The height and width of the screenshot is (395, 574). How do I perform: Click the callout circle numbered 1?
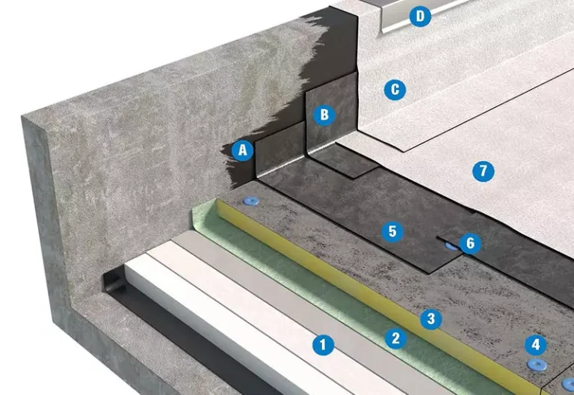tap(323, 345)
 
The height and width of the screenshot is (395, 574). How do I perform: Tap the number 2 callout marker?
tap(395, 338)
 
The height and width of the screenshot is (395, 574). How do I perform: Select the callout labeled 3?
tap(430, 319)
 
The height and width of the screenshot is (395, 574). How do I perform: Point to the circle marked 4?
tap(536, 344)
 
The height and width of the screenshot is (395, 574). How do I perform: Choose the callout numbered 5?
tap(392, 231)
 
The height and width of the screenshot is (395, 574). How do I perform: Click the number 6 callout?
tap(470, 243)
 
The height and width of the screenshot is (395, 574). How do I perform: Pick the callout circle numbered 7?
tap(484, 171)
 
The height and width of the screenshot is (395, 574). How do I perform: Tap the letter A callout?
tap(243, 150)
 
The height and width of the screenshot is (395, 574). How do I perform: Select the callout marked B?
tap(324, 114)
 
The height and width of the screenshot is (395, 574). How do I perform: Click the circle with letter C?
tap(395, 90)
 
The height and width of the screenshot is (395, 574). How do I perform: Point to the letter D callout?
tap(420, 16)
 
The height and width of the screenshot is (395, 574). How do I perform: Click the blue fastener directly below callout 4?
tap(537, 364)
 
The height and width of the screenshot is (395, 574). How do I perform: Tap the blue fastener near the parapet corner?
tap(251, 200)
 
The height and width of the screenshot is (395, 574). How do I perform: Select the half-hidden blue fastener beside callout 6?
tap(452, 246)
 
